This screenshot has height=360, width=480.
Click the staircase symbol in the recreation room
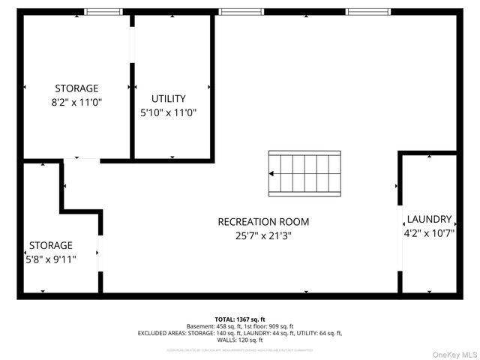coord(304,172)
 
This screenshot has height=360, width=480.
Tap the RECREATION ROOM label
coord(263,222)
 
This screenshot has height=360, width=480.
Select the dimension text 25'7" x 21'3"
coord(263,235)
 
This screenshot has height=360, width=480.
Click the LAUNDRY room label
coord(429,220)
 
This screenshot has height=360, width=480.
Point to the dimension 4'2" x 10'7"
coord(429,232)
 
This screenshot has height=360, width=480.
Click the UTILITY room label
coord(168,99)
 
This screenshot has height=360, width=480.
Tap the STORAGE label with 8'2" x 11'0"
coord(76,88)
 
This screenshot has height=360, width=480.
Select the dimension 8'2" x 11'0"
coord(76,102)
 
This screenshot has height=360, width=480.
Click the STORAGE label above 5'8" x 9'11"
coord(51,245)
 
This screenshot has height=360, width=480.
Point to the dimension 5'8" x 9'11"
coord(51,259)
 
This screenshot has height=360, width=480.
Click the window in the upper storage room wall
coord(103,12)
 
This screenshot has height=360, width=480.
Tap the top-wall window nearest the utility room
coord(236,12)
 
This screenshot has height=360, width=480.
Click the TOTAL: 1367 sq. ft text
coord(240,319)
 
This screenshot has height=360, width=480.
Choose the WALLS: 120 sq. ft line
coord(240,340)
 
